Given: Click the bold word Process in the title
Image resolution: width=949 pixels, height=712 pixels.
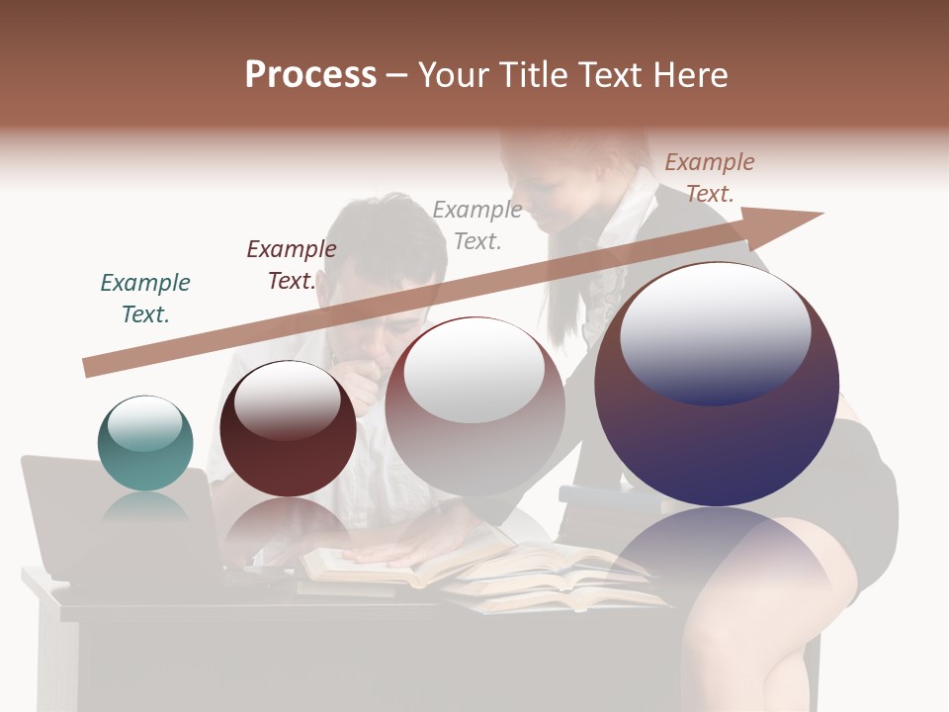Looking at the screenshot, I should pos(310,75).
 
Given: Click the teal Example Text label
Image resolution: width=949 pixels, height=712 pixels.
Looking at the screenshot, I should pos(145,299).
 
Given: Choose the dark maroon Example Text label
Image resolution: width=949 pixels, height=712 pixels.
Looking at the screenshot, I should pos(292,265).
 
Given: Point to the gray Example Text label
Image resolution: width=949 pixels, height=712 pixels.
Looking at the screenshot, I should pos(477,224).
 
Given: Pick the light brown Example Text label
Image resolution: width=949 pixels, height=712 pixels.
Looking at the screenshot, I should pos(710,178).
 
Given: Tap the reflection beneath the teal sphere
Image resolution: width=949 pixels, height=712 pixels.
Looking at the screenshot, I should pos(145,509).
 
